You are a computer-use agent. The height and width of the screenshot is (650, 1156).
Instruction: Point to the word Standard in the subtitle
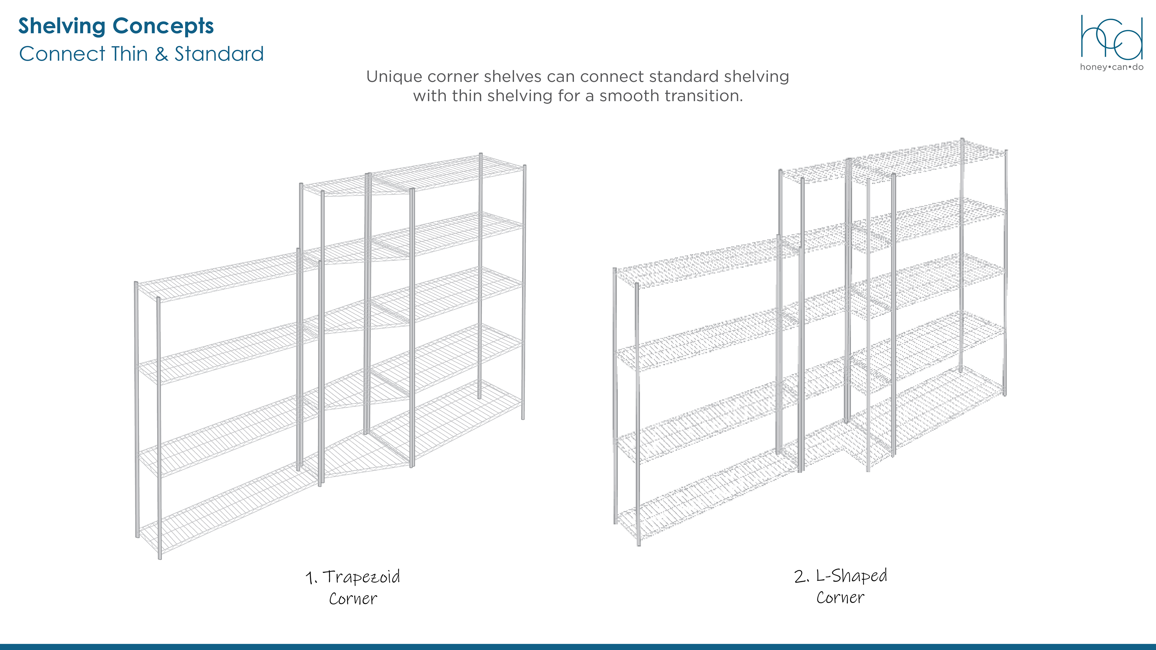219,54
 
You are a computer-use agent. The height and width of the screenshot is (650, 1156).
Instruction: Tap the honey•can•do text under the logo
1111,67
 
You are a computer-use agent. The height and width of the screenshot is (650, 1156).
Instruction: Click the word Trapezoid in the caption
361,577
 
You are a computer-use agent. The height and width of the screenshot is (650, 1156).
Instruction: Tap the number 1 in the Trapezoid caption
310,578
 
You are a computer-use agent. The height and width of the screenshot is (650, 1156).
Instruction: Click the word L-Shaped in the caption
851,576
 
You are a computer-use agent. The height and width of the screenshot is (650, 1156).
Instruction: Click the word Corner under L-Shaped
840,598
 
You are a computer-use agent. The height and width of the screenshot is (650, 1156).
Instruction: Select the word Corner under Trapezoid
353,599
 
